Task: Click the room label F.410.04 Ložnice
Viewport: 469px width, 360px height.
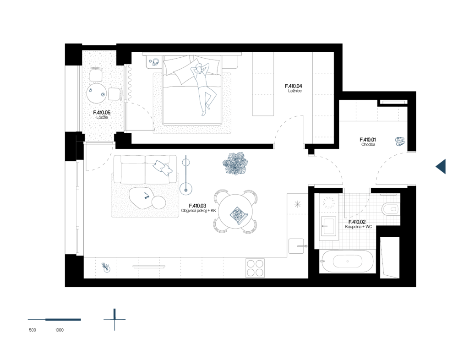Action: pos(294,88)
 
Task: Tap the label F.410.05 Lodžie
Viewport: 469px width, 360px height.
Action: pos(102,115)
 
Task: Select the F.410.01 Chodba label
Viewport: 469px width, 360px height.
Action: pos(368,142)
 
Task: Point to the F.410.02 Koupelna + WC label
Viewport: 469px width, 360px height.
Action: pos(358,224)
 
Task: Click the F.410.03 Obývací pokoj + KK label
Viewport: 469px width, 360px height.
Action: pos(198,208)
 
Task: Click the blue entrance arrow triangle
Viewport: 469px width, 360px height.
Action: pos(441,166)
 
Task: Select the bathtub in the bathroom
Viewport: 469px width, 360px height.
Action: pos(347,262)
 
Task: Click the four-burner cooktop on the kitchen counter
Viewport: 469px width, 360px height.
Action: pos(255,267)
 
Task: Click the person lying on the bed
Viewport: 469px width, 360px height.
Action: pos(203,88)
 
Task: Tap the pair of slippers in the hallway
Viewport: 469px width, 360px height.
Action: pos(400,142)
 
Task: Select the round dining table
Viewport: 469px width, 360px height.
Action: pos(235,212)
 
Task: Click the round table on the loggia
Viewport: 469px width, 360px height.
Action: pos(96,93)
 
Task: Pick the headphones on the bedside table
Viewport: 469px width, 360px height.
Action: pos(156,62)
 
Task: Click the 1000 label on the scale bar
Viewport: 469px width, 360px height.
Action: pos(59,330)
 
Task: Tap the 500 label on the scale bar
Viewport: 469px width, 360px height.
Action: pos(33,330)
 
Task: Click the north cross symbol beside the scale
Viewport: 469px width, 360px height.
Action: pos(115,319)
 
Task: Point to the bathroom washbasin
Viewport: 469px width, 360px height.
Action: pos(328,226)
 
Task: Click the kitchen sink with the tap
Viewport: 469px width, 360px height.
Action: pos(296,246)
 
